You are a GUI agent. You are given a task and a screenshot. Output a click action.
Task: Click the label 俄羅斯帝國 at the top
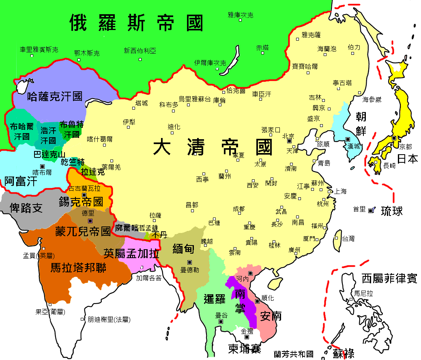(x=136, y=23)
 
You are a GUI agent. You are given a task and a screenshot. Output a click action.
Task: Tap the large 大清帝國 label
(x=213, y=147)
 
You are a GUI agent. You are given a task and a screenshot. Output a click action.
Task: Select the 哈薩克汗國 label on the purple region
(x=55, y=97)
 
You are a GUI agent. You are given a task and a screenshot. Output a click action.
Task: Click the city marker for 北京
(x=289, y=141)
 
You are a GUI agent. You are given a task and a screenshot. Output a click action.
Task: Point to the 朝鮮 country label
(x=361, y=123)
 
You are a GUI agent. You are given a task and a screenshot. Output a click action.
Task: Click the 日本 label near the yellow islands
(x=407, y=159)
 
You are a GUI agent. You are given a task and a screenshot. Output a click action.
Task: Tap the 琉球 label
(x=392, y=211)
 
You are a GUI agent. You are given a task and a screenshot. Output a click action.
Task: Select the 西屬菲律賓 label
(x=389, y=278)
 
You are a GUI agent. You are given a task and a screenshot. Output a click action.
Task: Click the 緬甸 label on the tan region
(x=183, y=249)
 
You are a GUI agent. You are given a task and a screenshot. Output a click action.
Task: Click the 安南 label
(x=271, y=316)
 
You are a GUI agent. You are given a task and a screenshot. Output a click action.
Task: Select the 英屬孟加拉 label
(x=131, y=253)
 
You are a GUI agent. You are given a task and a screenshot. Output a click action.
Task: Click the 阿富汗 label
(x=21, y=181)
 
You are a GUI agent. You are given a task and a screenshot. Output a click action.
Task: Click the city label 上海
(x=340, y=191)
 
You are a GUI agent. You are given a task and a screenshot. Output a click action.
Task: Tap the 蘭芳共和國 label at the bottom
(x=294, y=354)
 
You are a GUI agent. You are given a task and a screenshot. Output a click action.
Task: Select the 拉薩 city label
(x=155, y=215)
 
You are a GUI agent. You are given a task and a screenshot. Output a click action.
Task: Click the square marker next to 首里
(x=370, y=210)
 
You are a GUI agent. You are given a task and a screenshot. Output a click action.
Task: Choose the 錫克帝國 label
(x=81, y=201)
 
